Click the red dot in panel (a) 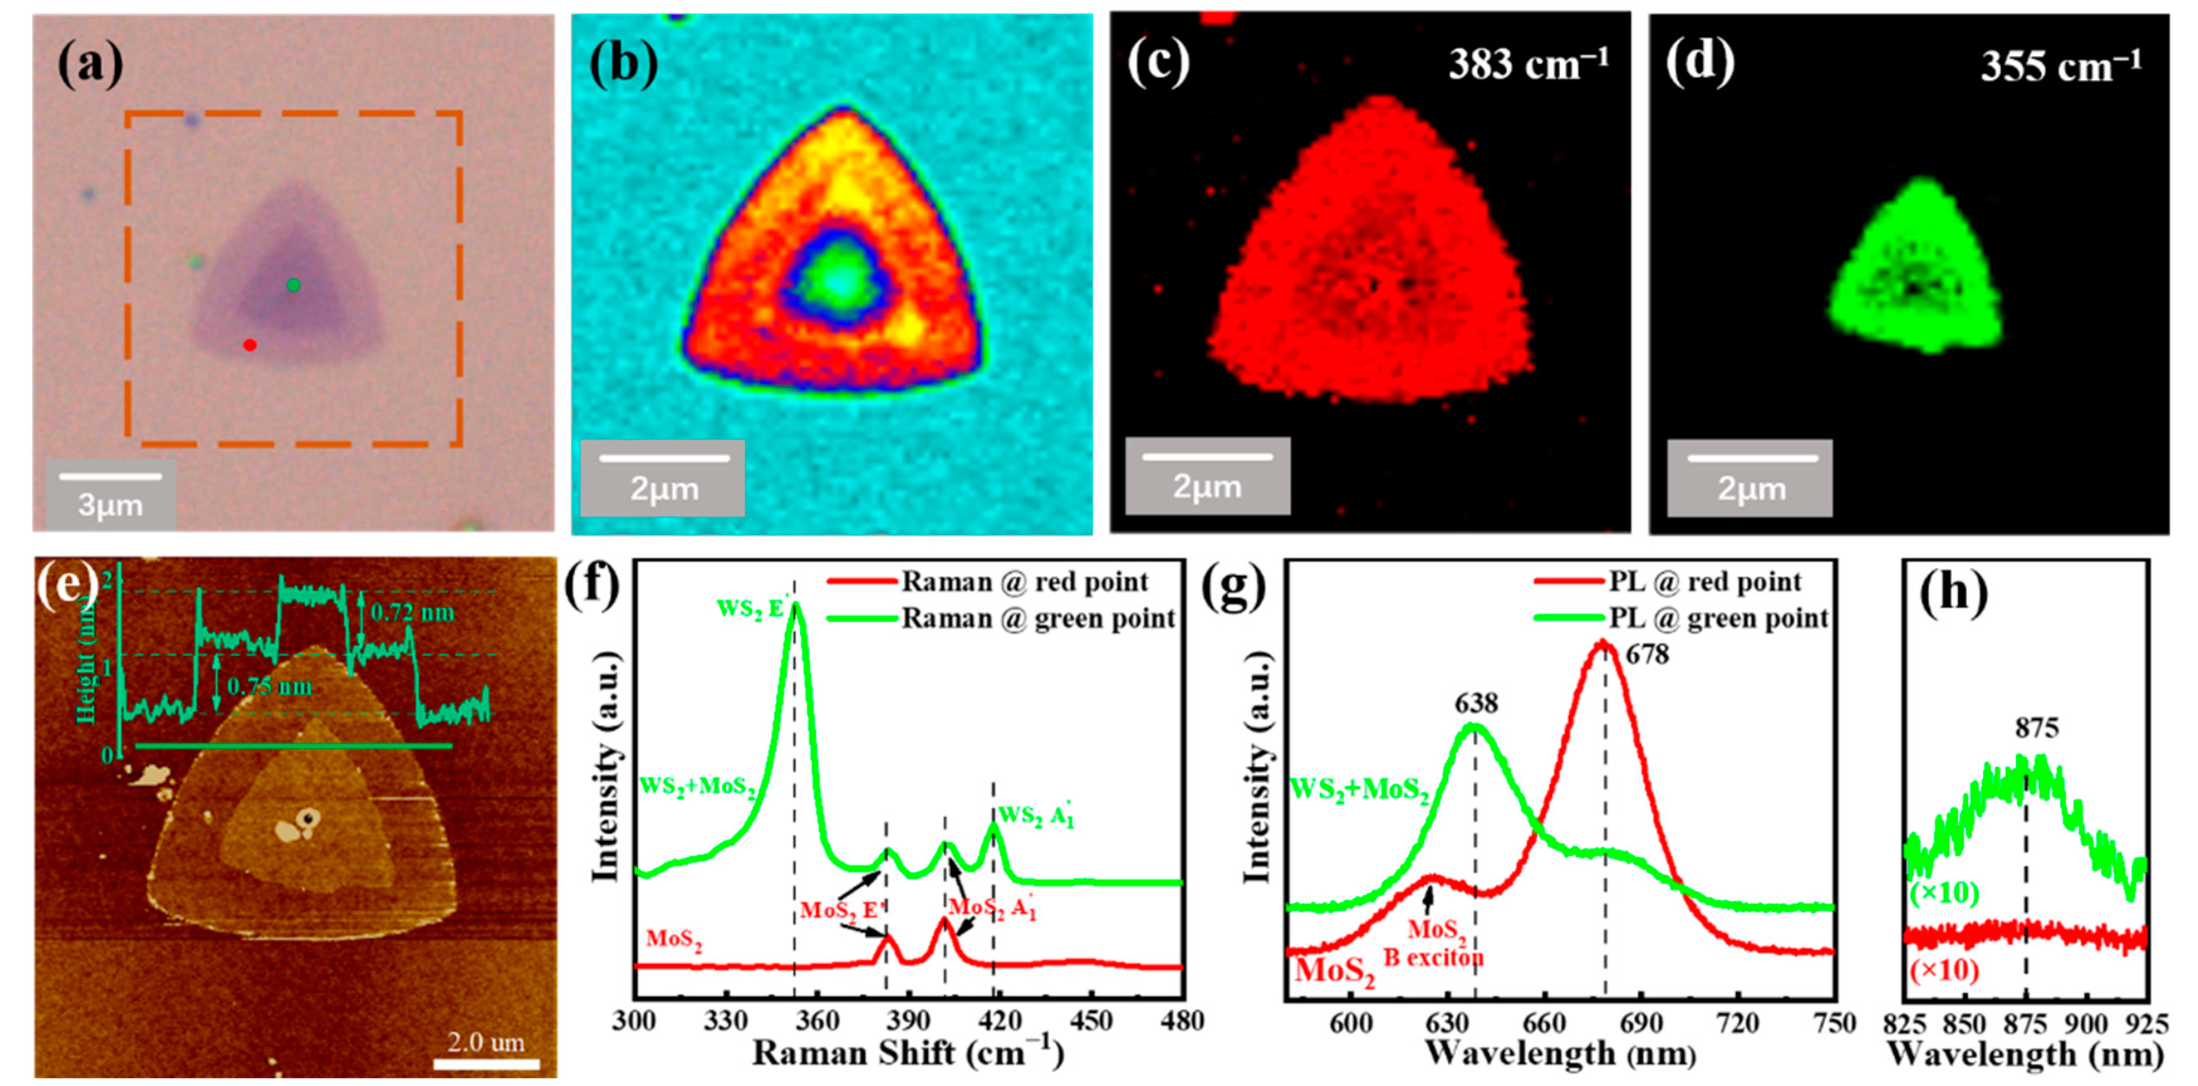[x=249, y=345]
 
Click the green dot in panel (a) [x=293, y=284]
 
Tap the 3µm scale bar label [x=110, y=505]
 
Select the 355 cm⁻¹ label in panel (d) [x=2060, y=66]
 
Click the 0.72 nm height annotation [x=412, y=612]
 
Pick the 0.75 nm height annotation [x=269, y=686]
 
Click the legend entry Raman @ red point [x=1024, y=581]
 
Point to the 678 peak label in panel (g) [x=1647, y=655]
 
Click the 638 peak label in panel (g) [x=1476, y=703]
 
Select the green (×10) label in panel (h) [x=1944, y=893]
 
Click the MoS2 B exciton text [x=1434, y=943]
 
